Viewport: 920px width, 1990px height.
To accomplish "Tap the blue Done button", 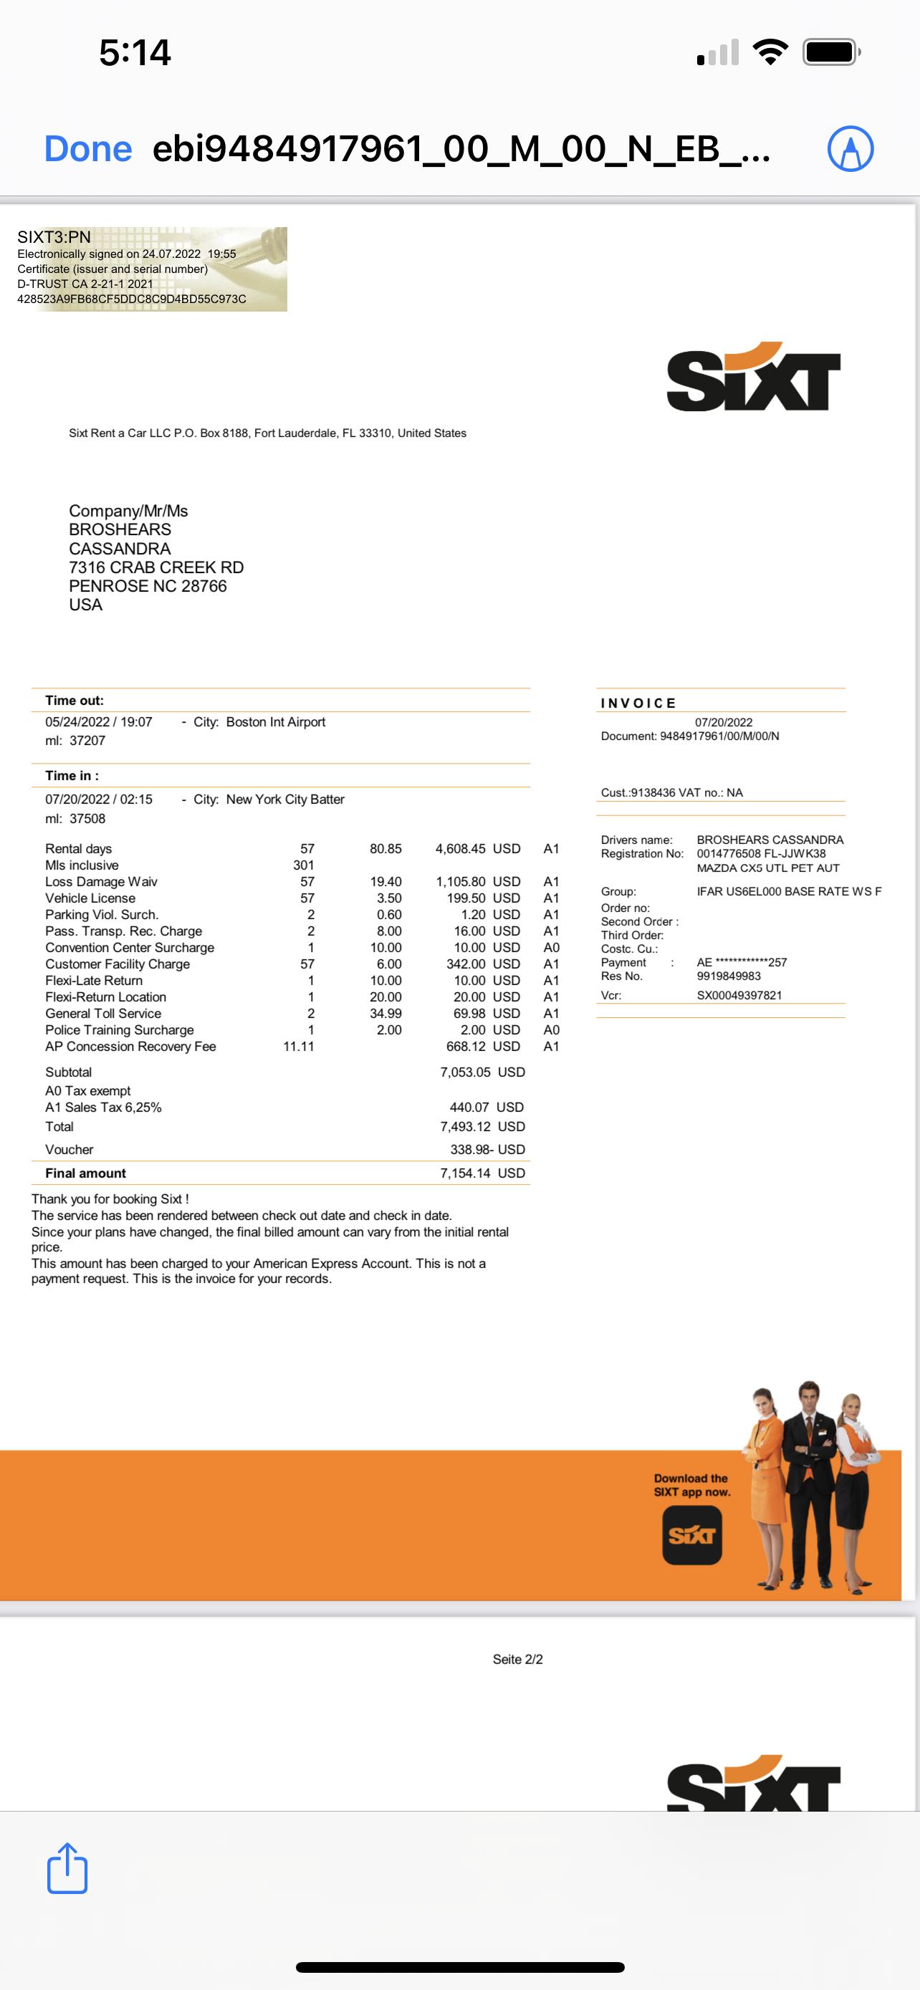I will click(x=88, y=148).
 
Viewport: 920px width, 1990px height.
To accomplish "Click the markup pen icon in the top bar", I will click(x=850, y=148).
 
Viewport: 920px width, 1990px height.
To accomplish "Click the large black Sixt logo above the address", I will click(x=753, y=378).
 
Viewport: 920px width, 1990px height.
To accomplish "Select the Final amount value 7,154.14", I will click(x=465, y=1173).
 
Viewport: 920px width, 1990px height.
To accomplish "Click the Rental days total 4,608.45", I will click(x=461, y=848).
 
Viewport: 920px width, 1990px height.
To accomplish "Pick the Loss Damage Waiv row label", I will click(x=101, y=881).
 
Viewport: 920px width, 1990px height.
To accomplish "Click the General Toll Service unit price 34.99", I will click(x=385, y=1014).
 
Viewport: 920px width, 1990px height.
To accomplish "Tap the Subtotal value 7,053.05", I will click(x=465, y=1072).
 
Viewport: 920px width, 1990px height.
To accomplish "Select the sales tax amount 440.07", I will click(x=469, y=1107).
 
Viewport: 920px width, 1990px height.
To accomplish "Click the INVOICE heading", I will click(x=638, y=703).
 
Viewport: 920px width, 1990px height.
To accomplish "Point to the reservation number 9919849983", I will click(x=729, y=976).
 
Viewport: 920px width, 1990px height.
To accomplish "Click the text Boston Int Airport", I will click(x=276, y=721).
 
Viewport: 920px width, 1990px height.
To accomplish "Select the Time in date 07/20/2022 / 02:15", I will click(x=99, y=799).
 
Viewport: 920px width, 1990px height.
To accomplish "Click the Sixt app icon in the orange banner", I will click(x=691, y=1535).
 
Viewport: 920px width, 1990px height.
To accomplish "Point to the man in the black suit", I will click(x=808, y=1468).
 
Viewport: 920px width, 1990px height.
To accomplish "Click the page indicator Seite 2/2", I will click(x=517, y=1659).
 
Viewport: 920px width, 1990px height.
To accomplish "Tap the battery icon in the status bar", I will click(x=831, y=52).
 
